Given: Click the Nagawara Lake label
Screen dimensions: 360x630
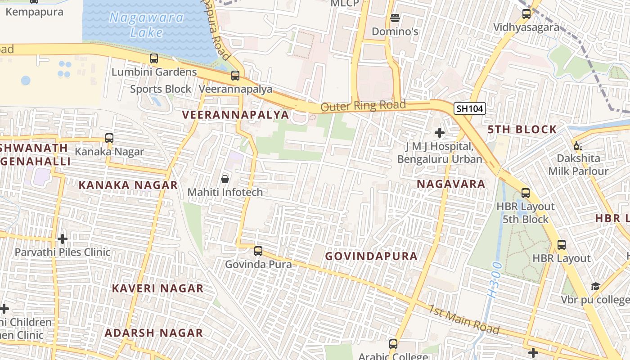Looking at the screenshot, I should (147, 25).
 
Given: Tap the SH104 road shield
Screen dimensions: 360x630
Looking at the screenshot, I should (469, 108).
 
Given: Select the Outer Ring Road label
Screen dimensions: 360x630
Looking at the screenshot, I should (363, 106).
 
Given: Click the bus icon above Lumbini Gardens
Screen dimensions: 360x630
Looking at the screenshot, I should (154, 58).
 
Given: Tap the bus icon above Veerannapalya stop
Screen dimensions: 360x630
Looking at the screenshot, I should (235, 75).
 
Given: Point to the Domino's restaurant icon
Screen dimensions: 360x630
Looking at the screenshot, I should (395, 18).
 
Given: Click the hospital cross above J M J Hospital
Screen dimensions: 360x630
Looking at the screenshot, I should (440, 133).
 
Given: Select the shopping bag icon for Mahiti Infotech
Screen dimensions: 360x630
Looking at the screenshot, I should (225, 179).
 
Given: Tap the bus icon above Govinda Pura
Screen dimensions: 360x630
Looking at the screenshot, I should (258, 251).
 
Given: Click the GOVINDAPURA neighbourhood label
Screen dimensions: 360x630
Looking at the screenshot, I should (371, 256).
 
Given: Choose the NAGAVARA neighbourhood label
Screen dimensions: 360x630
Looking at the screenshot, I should (451, 184).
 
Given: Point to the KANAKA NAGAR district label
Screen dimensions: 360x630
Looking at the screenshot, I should (128, 185).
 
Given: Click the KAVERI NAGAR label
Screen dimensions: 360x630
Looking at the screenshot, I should (157, 288).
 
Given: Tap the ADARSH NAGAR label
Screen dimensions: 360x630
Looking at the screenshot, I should (154, 333).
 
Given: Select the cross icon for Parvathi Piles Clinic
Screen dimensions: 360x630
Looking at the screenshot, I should (63, 238).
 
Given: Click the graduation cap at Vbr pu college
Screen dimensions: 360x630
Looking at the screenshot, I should (595, 286).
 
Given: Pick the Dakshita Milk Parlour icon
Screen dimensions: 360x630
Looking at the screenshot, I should (578, 145).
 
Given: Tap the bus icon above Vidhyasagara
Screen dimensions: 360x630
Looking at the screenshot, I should (526, 13).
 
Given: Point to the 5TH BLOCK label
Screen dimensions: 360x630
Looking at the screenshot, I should (522, 130).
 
